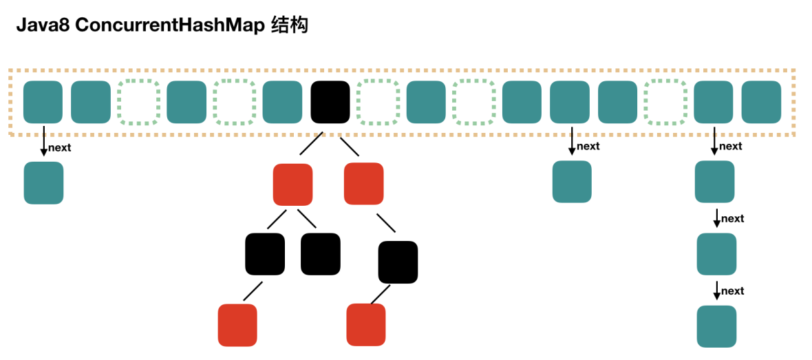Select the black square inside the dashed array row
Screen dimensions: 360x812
[x=330, y=102]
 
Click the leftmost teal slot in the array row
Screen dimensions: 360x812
[x=43, y=102]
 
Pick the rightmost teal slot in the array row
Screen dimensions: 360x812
[x=761, y=102]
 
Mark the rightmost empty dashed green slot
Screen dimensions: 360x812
[x=665, y=102]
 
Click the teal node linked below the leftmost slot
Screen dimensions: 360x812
[x=43, y=182]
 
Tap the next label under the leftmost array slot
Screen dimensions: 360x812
[x=59, y=147]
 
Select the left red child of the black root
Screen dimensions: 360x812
[x=292, y=184]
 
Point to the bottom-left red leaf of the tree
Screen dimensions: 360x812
[x=237, y=324]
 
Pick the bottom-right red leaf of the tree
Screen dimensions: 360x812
[x=365, y=324]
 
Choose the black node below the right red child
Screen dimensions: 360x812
[x=398, y=262]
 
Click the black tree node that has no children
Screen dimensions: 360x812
[x=320, y=254]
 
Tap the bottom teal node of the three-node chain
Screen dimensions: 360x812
[x=716, y=326]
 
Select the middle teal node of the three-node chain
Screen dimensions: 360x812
[x=716, y=254]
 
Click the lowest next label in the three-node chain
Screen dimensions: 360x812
[x=732, y=290]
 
